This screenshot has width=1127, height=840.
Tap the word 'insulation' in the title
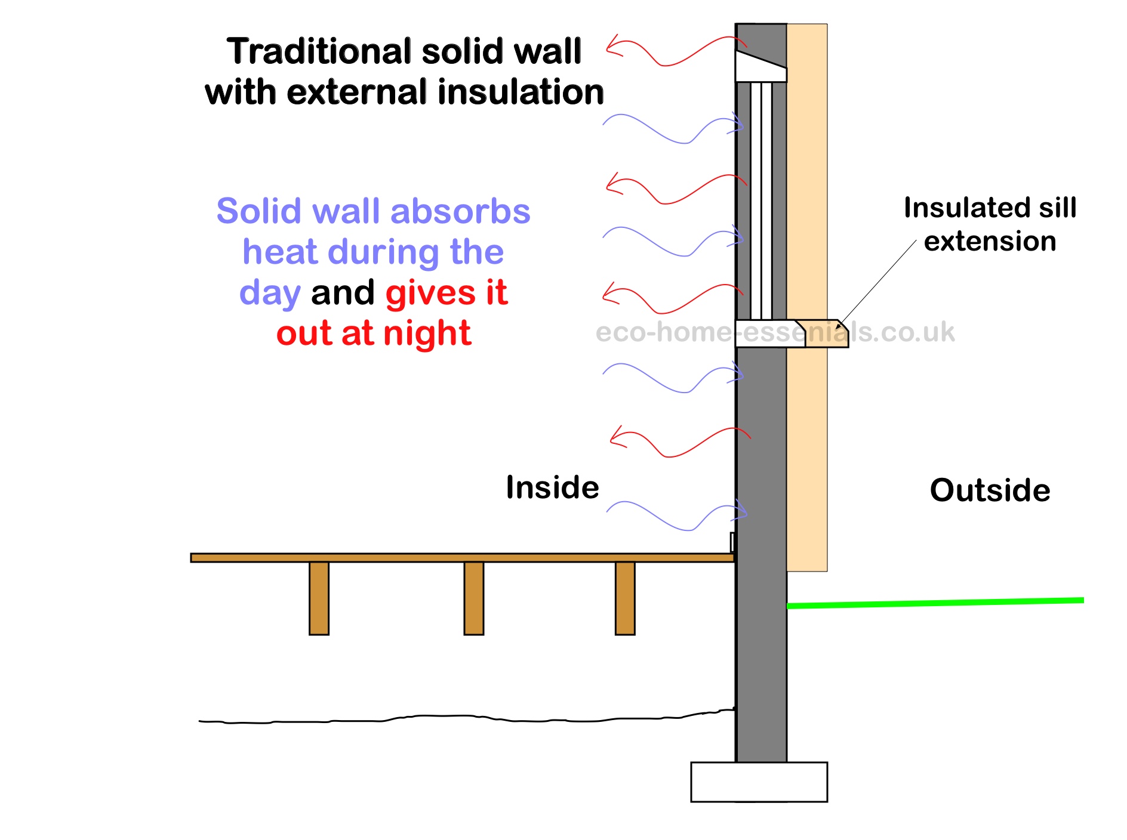pos(521,92)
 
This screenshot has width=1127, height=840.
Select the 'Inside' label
pos(552,487)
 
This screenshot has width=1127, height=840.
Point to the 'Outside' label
pos(990,490)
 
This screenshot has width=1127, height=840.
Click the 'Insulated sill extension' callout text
pos(990,224)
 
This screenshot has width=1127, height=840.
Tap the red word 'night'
pos(427,333)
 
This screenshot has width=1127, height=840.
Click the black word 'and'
pos(343,292)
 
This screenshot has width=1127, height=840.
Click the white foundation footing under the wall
pos(759,782)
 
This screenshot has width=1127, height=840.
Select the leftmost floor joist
pos(319,598)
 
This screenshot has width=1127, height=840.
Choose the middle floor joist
pos(473,598)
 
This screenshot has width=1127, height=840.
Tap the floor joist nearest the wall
pos(625,598)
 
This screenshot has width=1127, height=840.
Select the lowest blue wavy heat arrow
pos(675,515)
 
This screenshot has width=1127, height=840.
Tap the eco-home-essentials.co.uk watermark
pos(775,332)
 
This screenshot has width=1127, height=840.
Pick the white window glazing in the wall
pos(761,200)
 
